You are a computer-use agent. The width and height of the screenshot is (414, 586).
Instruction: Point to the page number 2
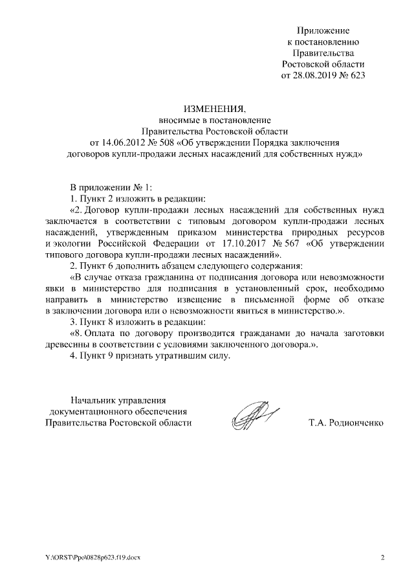pos(382,558)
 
